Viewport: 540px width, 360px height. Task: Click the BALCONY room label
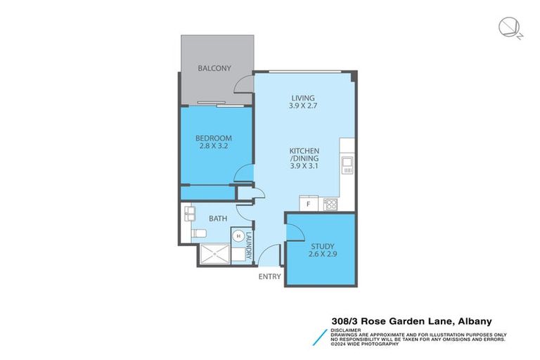pos(214,68)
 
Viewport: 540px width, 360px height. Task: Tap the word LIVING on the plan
pos(304,98)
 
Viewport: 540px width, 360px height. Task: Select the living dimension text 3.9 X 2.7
pos(304,106)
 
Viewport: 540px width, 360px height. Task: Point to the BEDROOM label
pos(214,138)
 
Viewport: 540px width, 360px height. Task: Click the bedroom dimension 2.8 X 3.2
pos(214,147)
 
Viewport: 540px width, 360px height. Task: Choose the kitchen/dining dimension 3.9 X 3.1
pos(304,167)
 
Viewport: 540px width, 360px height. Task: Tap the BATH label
pos(217,219)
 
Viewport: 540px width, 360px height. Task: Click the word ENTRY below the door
pos(270,277)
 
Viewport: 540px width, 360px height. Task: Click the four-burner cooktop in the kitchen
pos(330,205)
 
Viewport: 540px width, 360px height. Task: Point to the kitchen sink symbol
pos(347,165)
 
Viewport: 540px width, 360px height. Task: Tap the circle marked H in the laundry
pos(239,236)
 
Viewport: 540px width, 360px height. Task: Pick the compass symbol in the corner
pos(507,27)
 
